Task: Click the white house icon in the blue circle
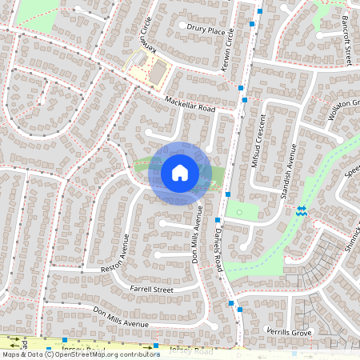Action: [180, 173]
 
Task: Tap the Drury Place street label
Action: [206, 32]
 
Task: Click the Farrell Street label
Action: [151, 288]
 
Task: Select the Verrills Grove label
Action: [289, 331]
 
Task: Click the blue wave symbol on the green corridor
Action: [301, 210]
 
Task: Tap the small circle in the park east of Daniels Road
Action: [238, 212]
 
